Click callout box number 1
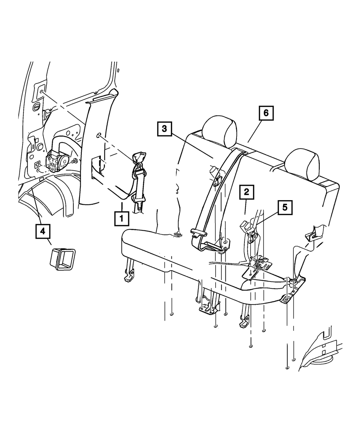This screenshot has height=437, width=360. pos(122,218)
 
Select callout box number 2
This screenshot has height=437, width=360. pos(246,192)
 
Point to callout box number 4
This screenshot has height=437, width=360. pos(43,231)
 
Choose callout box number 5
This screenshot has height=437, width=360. pos(284,208)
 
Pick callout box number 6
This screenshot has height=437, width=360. pos(266,113)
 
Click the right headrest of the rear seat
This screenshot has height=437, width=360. pos(302,165)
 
